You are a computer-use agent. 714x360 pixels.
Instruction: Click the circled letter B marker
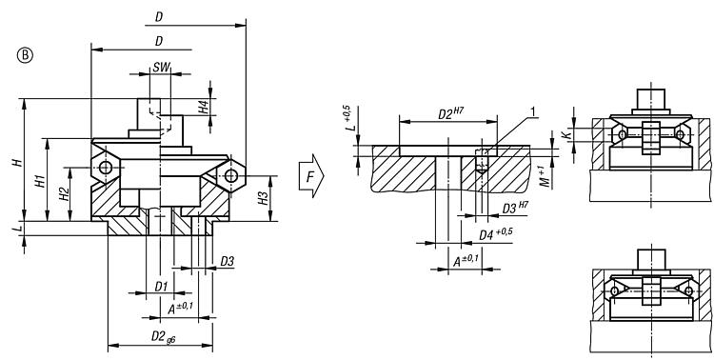[x=26, y=55]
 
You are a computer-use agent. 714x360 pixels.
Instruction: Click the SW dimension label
[x=161, y=67]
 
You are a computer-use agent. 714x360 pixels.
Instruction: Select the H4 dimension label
[x=205, y=107]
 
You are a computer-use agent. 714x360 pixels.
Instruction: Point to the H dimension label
[x=18, y=160]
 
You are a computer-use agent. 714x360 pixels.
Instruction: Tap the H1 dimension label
[x=41, y=181]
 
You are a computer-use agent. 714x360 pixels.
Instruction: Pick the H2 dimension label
[x=64, y=194]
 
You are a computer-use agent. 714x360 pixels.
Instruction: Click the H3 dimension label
[x=263, y=198]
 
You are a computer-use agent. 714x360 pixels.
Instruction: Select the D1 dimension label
[x=161, y=287]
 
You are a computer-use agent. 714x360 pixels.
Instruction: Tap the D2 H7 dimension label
[x=450, y=113]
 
